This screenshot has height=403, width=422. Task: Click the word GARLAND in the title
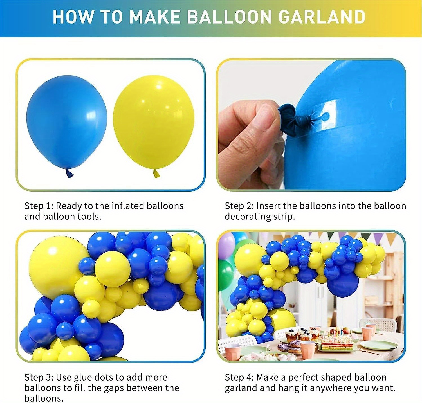click(322, 17)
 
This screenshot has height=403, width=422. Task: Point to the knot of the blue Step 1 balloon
click(69, 174)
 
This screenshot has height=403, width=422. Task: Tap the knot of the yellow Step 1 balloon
click(156, 174)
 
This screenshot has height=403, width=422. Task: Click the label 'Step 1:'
click(39, 206)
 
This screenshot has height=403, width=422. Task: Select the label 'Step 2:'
click(239, 206)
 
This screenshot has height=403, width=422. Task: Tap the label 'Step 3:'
click(39, 377)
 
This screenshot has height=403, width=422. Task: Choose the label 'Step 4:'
click(239, 377)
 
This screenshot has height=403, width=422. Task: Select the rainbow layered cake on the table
click(337, 343)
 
